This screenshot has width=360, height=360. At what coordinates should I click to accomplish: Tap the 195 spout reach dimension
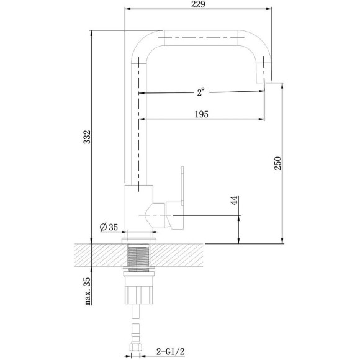[200, 114]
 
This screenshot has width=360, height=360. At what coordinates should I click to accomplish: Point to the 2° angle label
[200, 92]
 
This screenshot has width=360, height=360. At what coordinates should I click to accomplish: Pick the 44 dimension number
[234, 200]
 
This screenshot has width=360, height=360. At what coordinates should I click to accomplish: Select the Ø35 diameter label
[109, 227]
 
